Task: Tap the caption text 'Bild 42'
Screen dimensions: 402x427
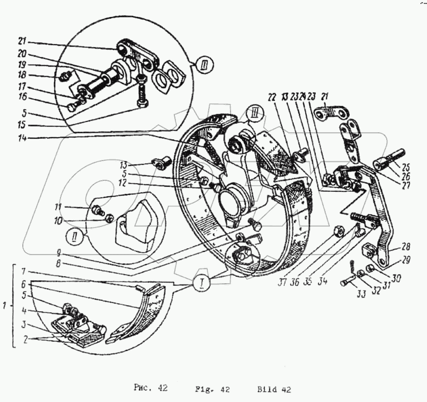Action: tap(274, 390)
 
